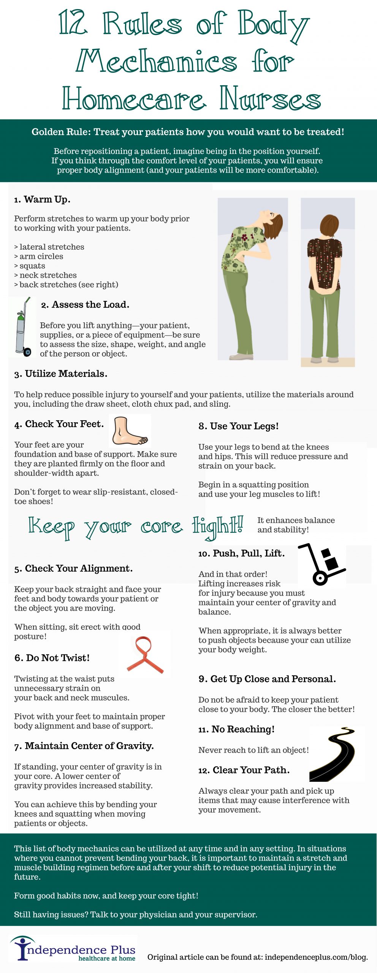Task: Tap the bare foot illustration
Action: [x=129, y=431]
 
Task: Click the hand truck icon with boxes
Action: [x=322, y=564]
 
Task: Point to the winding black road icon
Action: [x=332, y=754]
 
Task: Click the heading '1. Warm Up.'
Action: [x=42, y=200]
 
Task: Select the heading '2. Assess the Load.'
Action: [x=85, y=305]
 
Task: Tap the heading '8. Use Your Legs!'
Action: [x=238, y=426]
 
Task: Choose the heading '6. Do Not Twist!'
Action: [x=52, y=658]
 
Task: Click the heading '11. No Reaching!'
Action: [x=236, y=729]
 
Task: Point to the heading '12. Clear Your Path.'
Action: [x=244, y=770]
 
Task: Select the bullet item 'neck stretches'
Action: [x=45, y=275]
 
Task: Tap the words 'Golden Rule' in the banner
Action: [x=61, y=132]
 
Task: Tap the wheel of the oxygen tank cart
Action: [x=27, y=352]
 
